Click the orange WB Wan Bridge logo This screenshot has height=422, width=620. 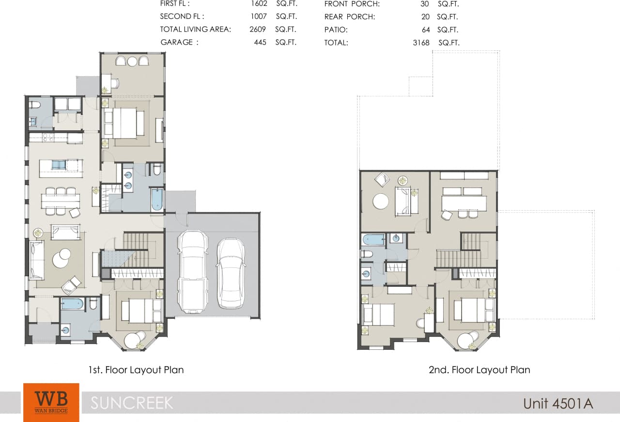[x=51, y=402]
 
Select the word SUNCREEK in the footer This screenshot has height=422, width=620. [x=132, y=403]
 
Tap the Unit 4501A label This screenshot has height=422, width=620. [x=558, y=403]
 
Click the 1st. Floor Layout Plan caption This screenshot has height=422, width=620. [x=136, y=370]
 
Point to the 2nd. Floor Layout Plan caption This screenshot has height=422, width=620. [x=479, y=370]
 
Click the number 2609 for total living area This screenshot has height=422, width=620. [x=258, y=30]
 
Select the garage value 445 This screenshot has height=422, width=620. [x=261, y=42]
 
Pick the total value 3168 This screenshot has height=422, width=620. [x=421, y=43]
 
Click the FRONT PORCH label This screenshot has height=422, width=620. [x=352, y=4]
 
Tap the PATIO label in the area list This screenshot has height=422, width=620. [x=336, y=30]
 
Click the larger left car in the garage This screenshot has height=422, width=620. [x=192, y=271]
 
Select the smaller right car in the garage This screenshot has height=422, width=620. [x=230, y=273]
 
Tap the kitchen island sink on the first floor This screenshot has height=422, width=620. [x=59, y=165]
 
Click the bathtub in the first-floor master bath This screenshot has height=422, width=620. [x=157, y=200]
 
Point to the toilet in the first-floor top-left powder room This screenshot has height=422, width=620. [x=35, y=105]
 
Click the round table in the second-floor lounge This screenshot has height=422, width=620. [x=380, y=201]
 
